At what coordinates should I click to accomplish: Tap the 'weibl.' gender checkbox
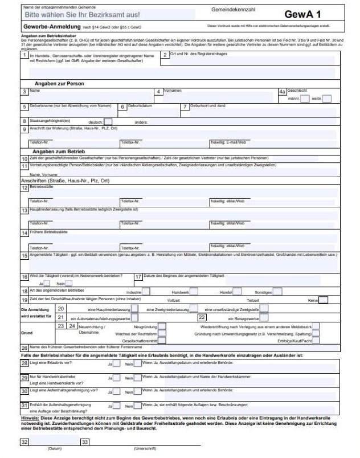click(x=327, y=99)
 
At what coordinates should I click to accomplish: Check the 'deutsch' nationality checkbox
click(x=108, y=121)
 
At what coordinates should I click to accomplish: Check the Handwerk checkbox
click(x=194, y=292)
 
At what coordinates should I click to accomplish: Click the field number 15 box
click(x=24, y=256)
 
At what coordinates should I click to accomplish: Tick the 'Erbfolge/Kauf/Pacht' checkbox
click(x=316, y=341)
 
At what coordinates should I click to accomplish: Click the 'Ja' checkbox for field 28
click(x=117, y=363)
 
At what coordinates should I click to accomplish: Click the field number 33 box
click(x=85, y=441)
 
